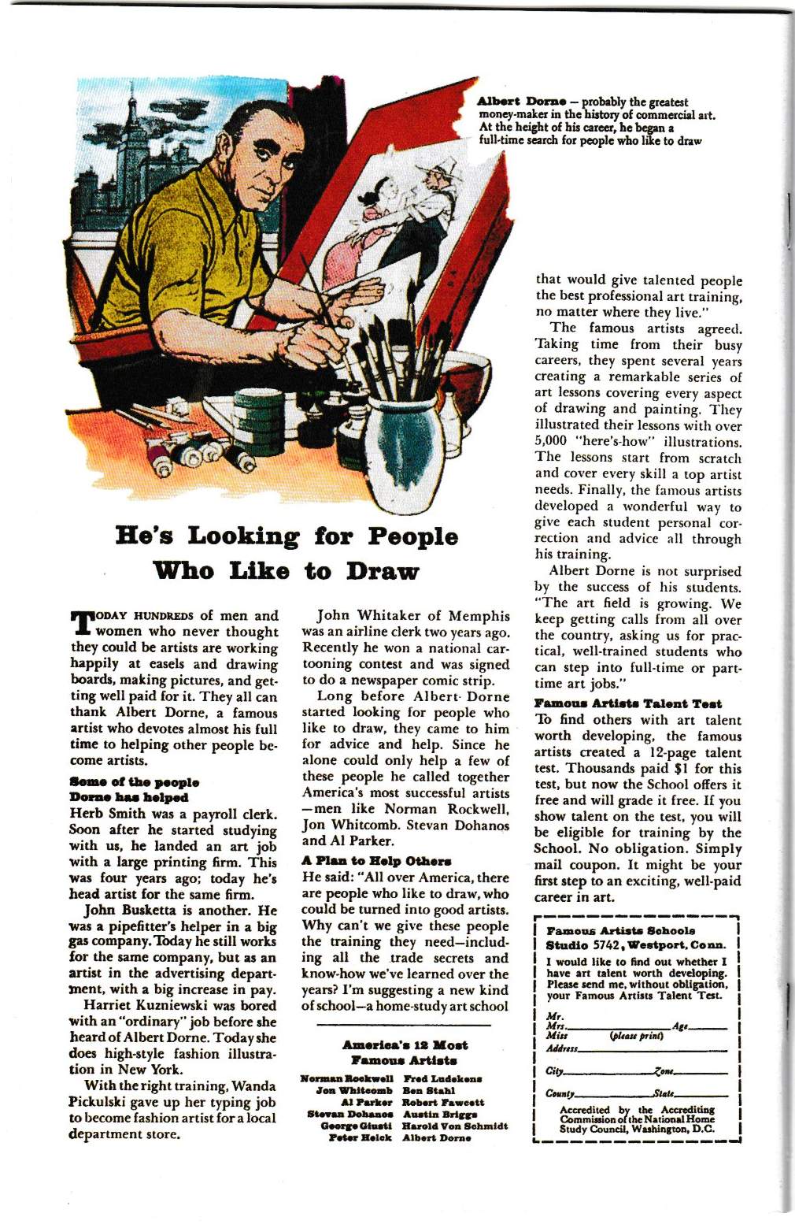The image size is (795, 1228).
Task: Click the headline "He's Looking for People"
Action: tap(287, 536)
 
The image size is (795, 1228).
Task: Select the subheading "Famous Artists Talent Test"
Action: tap(627, 703)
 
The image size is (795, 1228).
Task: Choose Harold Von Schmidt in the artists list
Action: tap(454, 1126)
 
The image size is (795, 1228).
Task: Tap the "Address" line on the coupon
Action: tap(645, 1048)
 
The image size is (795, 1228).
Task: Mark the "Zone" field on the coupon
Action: tap(701, 1070)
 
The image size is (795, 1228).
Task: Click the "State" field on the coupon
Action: tap(701, 1093)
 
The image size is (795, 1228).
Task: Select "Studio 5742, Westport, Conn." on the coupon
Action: tap(635, 945)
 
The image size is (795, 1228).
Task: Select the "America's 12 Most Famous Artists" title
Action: tap(405, 1052)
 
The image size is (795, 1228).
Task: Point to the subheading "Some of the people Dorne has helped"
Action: tap(134, 789)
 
